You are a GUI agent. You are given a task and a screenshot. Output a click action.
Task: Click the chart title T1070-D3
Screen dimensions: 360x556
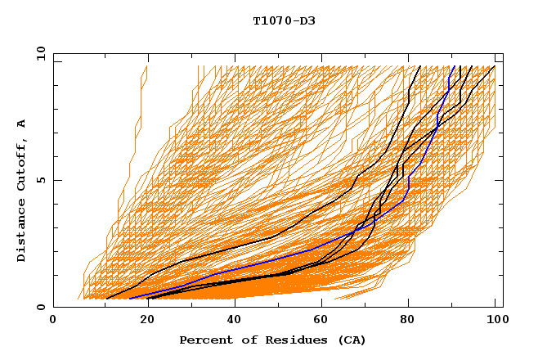pyautogui.click(x=284, y=20)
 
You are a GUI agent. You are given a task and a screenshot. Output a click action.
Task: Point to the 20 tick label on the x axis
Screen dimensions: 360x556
pyautogui.click(x=142, y=322)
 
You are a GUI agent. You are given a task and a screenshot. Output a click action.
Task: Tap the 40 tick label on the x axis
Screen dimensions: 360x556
pyautogui.click(x=231, y=322)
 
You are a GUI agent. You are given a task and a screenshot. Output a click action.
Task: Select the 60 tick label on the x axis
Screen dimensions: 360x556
pyautogui.click(x=320, y=322)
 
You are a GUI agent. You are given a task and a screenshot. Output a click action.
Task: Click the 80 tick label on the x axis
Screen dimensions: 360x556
pyautogui.click(x=408, y=322)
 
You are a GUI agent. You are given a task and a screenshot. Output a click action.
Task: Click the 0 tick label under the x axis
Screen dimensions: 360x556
pyautogui.click(x=53, y=322)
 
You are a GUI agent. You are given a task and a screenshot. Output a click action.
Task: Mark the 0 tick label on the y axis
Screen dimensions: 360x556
pyautogui.click(x=41, y=308)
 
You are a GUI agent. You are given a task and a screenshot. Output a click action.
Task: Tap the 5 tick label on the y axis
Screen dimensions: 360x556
pyautogui.click(x=41, y=180)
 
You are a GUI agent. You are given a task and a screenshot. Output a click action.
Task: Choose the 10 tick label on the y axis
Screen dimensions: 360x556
pyautogui.click(x=38, y=53)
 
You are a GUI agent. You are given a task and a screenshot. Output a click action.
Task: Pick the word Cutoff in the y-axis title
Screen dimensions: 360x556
pyautogui.click(x=21, y=164)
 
